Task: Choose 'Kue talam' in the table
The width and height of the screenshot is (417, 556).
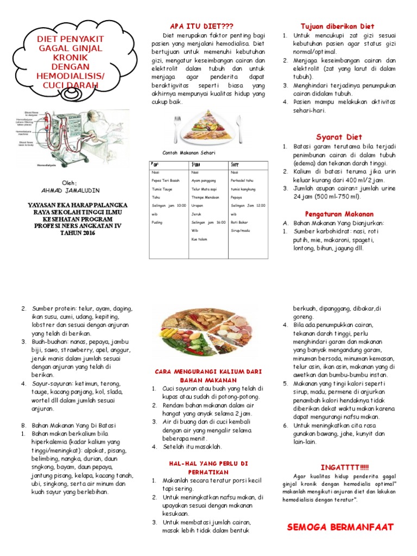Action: point(199,238)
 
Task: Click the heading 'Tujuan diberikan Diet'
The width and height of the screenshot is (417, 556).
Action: point(337,26)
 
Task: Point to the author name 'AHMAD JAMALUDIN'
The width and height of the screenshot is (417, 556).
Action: point(69,191)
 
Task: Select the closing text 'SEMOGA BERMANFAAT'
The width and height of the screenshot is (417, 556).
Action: point(340,527)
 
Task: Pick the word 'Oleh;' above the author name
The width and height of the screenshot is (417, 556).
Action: point(69,182)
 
